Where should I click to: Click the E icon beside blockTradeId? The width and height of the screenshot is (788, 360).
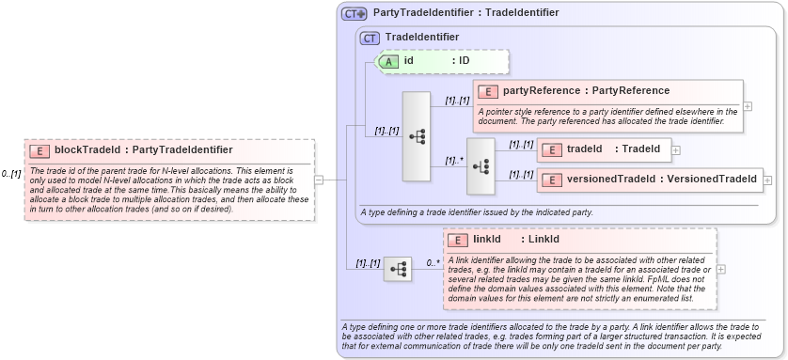click(x=39, y=149)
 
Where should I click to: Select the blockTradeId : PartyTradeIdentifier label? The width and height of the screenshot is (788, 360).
click(x=144, y=149)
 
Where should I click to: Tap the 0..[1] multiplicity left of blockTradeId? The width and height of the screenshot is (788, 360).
click(x=11, y=174)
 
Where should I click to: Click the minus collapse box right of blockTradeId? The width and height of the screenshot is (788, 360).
click(x=320, y=180)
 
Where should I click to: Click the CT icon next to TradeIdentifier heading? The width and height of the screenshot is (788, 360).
click(x=370, y=37)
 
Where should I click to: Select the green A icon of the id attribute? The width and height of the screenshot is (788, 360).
click(x=388, y=61)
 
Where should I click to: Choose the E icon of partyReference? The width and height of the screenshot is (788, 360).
click(x=488, y=91)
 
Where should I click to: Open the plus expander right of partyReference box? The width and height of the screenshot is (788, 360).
click(x=748, y=106)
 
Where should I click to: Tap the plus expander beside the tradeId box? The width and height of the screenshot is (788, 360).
click(x=676, y=149)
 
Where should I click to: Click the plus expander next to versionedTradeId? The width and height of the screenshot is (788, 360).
click(x=767, y=180)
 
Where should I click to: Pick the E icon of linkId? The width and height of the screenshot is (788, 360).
click(x=458, y=240)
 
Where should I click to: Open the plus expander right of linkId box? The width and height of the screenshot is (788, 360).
click(x=721, y=269)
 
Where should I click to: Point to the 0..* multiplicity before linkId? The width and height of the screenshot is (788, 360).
click(x=433, y=262)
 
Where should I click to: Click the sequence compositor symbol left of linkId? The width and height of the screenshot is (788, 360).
click(x=398, y=270)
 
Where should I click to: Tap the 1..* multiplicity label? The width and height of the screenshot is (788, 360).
click(x=453, y=161)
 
